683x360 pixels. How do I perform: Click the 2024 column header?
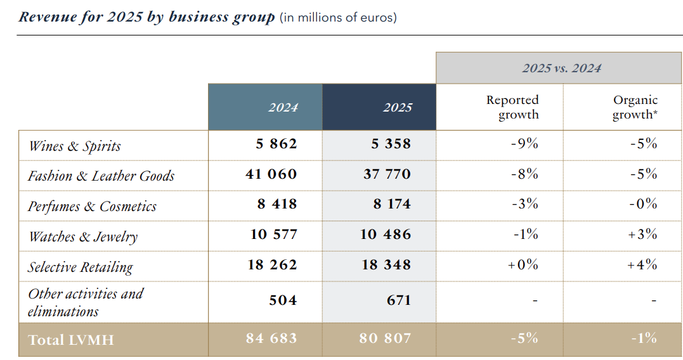point(283,107)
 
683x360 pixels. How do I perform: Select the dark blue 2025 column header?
point(398,107)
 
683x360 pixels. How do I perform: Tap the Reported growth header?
point(512,107)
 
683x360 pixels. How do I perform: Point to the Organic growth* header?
point(635,107)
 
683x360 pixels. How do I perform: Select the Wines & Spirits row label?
point(75,146)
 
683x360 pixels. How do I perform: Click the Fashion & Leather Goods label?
point(101,176)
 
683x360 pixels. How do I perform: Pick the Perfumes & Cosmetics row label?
point(92,207)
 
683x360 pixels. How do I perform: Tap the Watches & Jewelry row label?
point(83,237)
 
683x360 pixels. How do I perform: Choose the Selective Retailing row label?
point(81,267)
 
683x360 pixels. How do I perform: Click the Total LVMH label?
point(71,340)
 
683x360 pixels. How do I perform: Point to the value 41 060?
point(271,174)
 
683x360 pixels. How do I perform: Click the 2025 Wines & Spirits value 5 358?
point(391,144)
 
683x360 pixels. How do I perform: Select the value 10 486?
point(386,235)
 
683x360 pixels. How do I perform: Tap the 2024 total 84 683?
point(271,338)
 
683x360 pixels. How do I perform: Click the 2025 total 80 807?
point(386,338)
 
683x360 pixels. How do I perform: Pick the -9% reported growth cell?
point(524,144)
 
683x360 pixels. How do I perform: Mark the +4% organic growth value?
point(642,265)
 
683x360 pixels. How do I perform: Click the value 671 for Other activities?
point(399,300)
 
